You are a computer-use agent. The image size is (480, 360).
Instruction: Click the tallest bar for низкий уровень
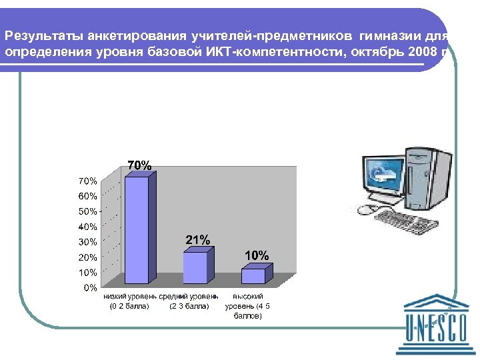pos(137,229)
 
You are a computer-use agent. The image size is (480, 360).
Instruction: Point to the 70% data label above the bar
pos(139,165)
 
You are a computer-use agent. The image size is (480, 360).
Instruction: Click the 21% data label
pos(197,240)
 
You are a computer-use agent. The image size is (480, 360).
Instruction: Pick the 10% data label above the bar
pos(257,255)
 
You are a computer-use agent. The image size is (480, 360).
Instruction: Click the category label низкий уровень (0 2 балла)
pos(129,301)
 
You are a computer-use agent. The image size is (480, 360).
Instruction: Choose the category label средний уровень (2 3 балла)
pos(189,301)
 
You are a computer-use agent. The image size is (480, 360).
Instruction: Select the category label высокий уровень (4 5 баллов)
pos(248,306)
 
